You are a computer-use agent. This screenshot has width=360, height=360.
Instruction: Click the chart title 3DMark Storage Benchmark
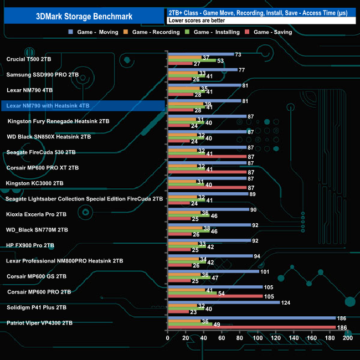pos(83,16)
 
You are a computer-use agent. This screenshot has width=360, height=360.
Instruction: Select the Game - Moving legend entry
pos(98,32)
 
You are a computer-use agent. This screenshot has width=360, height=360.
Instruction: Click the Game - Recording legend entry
pos(156,32)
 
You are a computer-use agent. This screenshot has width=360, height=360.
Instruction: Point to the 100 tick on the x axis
pos(258,337)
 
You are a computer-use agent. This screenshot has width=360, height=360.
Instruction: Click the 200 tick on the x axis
pos(348,337)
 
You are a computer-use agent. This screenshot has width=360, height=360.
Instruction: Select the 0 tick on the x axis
pos(168,337)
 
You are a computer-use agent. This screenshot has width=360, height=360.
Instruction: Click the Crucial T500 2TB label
pos(29,59)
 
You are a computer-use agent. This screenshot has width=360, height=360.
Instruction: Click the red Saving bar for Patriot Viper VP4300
pos(251,327)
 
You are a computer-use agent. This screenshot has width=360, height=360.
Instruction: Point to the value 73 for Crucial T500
pos(239,54)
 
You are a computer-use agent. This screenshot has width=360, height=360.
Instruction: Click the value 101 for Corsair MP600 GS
pos(265,271)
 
